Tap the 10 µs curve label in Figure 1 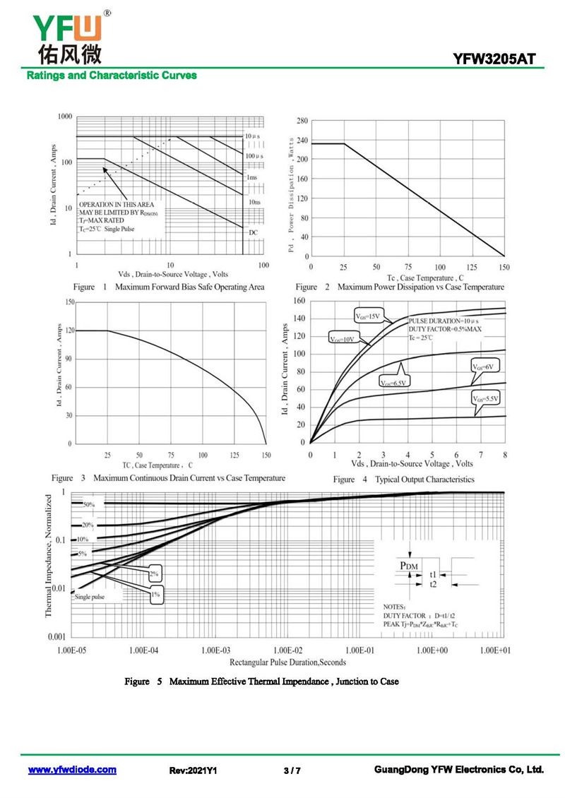coord(254,135)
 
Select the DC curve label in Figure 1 coord(253,232)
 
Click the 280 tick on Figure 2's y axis coord(302,121)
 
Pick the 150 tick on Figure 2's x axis coord(504,267)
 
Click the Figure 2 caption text coord(400,287)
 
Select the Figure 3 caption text coord(169,478)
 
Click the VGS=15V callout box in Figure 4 coord(368,316)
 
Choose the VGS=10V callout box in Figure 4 coord(343,339)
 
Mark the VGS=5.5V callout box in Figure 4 coord(486,399)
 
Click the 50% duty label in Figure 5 coord(88,505)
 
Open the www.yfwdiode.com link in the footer coord(72,770)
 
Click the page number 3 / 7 coord(292,770)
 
